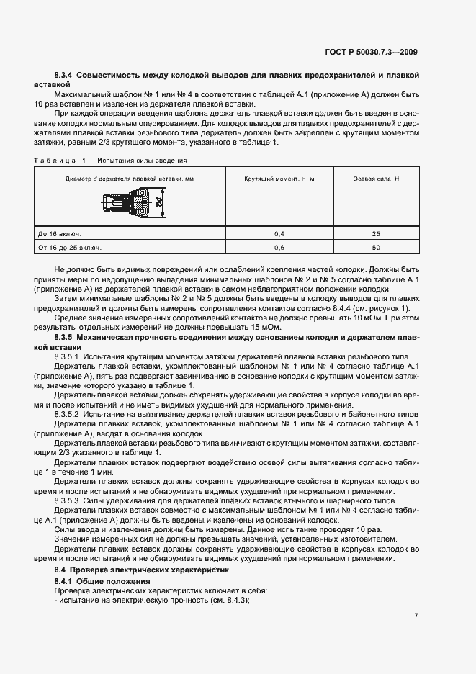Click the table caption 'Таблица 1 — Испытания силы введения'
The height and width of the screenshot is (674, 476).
point(110,161)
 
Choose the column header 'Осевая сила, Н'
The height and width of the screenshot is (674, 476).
point(376,178)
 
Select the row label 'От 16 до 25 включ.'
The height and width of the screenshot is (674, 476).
point(70,248)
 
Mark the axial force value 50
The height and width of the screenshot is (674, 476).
point(376,248)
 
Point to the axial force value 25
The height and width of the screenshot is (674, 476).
point(376,234)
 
